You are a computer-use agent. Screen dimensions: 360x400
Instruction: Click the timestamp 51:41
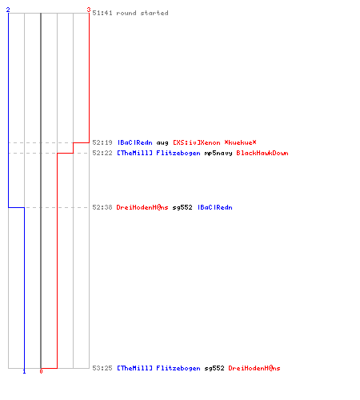(x=102, y=13)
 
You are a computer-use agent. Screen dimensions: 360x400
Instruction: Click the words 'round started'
(x=142, y=13)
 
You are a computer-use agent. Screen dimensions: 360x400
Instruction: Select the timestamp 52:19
(x=102, y=142)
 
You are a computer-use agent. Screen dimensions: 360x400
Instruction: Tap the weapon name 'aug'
(x=162, y=143)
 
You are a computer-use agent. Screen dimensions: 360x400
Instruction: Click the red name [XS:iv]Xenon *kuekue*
(x=214, y=142)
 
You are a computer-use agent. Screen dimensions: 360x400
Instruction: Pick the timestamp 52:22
(x=102, y=153)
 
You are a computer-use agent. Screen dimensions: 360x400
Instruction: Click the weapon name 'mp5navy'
(x=218, y=154)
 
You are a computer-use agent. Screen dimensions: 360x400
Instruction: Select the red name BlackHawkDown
(x=262, y=153)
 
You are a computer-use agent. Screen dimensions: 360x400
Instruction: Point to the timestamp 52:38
(x=102, y=207)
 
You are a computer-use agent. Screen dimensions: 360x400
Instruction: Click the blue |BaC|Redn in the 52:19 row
(x=134, y=142)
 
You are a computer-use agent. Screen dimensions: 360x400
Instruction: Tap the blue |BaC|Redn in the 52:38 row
(x=214, y=207)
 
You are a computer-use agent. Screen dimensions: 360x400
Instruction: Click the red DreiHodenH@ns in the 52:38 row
(x=142, y=207)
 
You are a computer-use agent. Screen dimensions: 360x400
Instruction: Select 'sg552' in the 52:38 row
(x=182, y=207)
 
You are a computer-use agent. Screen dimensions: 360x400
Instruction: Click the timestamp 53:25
(x=102, y=368)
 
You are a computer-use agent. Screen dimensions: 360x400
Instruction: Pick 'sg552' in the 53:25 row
(x=214, y=368)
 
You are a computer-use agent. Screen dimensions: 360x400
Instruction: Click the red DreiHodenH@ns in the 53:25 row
(x=254, y=368)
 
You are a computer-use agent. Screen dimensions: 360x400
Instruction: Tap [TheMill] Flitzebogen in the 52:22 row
(x=158, y=153)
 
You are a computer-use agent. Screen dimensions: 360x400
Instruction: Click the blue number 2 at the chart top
(x=8, y=10)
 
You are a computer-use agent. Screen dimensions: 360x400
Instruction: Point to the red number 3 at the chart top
(x=89, y=10)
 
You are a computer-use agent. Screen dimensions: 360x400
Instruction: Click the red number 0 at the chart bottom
(x=41, y=371)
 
